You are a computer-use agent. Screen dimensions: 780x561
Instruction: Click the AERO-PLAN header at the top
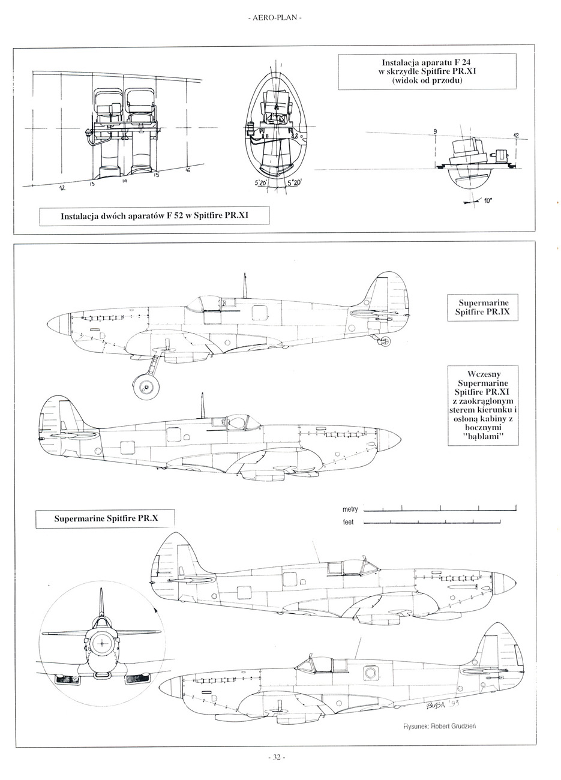[x=274, y=18]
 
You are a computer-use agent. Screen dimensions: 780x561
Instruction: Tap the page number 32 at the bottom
[x=275, y=757]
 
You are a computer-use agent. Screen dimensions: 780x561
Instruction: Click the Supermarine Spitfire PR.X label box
[x=106, y=518]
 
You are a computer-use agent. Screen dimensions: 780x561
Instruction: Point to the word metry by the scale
[x=350, y=509]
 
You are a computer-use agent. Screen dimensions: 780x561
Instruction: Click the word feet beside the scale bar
[x=348, y=522]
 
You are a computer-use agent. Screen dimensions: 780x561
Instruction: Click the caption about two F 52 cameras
[x=154, y=215]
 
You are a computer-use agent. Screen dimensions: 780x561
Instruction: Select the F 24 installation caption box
[x=427, y=71]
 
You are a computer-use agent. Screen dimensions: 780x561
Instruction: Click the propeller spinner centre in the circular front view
[x=101, y=644]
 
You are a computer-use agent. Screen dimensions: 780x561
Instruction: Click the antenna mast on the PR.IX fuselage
[x=245, y=285]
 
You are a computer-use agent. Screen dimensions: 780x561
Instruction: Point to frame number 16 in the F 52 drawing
[x=187, y=170]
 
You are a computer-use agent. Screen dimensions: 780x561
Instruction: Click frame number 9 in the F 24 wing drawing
[x=436, y=131]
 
